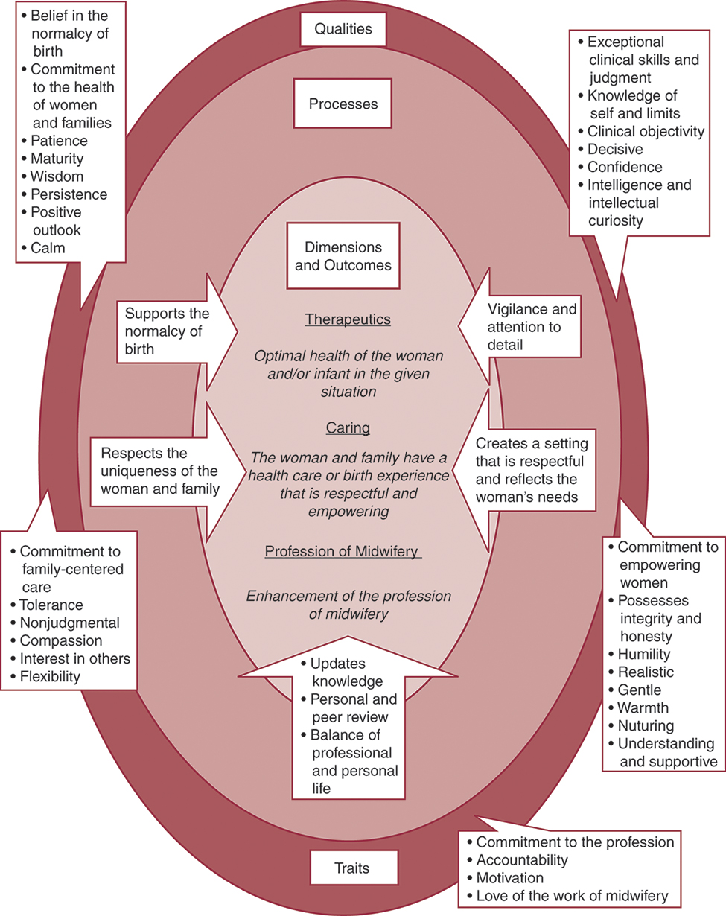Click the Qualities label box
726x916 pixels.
[x=343, y=31]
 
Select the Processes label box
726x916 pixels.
[x=343, y=104]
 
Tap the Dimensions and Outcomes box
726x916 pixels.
[x=343, y=255]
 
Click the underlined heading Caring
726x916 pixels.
[x=348, y=428]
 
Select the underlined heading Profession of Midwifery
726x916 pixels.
[x=343, y=551]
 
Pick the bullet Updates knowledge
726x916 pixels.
[x=347, y=672]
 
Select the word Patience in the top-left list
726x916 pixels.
[x=59, y=140]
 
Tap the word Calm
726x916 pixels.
[x=48, y=248]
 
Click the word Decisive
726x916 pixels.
[x=615, y=149]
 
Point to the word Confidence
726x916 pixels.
[x=625, y=167]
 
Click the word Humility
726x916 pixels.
[x=644, y=655]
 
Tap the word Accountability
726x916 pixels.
[x=522, y=860]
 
